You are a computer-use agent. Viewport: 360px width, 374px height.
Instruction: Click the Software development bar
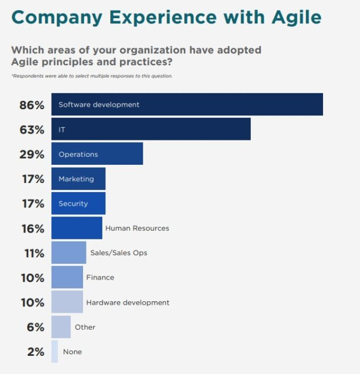point(187,105)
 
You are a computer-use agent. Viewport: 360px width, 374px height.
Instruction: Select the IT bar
point(151,130)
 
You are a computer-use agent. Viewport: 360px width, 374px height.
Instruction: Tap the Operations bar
point(97,154)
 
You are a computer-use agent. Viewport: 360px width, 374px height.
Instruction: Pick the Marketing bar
point(78,178)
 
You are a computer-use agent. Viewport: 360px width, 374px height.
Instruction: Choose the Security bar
point(78,203)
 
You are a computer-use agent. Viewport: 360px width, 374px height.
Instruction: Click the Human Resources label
point(137,228)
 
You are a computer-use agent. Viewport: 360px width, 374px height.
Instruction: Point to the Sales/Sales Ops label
point(118,253)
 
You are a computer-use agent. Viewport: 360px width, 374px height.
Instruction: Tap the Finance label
point(100,277)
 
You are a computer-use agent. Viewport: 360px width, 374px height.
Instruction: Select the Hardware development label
point(127,302)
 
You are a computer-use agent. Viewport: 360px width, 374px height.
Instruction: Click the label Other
point(85,327)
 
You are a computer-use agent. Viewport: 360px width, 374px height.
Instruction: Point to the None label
point(72,352)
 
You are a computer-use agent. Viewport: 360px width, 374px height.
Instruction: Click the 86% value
point(32,105)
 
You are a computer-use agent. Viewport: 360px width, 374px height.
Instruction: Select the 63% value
point(32,130)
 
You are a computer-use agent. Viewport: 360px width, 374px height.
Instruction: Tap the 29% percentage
point(32,155)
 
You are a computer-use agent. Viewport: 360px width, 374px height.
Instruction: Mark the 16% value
point(32,228)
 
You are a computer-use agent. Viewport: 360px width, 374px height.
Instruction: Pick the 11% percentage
point(33,253)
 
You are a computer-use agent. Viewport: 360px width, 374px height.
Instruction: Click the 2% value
point(35,352)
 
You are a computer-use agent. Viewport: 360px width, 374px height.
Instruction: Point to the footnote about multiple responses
point(92,76)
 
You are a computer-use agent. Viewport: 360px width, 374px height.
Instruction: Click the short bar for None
point(55,352)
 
